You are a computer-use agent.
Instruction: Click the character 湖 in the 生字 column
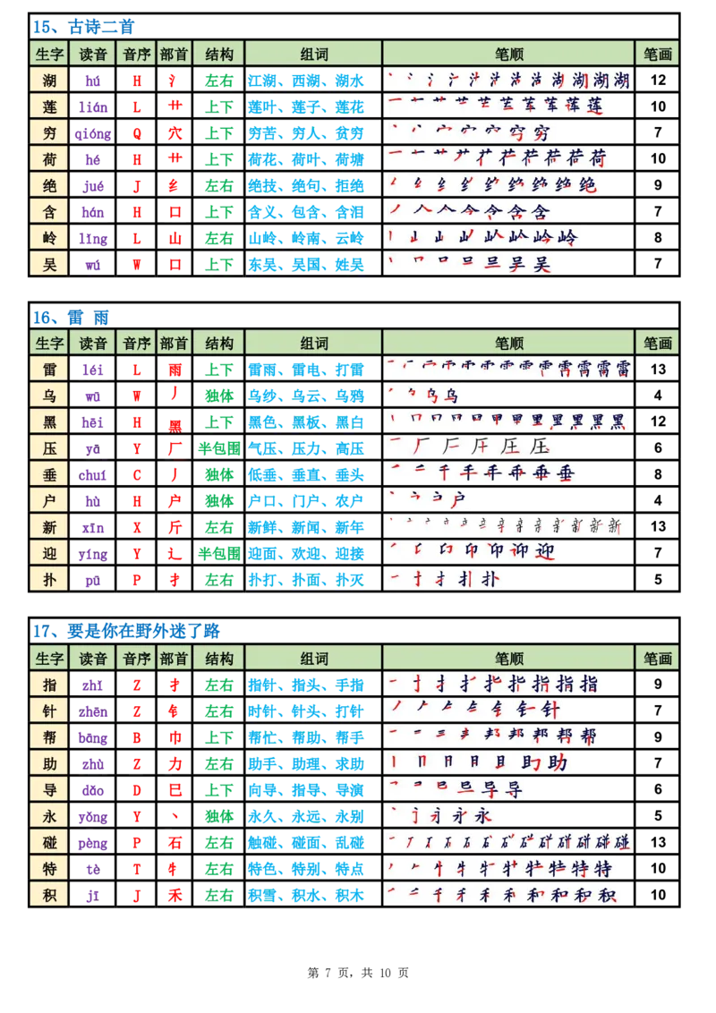(x=50, y=81)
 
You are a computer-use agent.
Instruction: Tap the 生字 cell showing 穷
(x=50, y=133)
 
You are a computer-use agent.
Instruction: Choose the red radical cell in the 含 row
(x=174, y=212)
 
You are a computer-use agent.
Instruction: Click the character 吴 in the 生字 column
(x=50, y=264)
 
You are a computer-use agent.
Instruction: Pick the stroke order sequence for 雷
(x=508, y=369)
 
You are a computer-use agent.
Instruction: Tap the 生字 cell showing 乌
(x=50, y=396)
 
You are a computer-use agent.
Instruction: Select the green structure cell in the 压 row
(x=218, y=447)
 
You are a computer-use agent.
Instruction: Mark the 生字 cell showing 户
(x=50, y=500)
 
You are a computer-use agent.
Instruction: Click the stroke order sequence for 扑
(x=445, y=579)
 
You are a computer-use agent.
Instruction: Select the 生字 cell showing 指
(x=50, y=685)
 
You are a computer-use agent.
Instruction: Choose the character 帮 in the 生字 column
(x=50, y=737)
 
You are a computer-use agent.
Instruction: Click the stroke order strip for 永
(x=442, y=816)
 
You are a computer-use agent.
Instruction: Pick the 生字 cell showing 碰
(x=50, y=842)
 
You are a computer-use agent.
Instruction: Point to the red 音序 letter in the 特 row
(x=137, y=868)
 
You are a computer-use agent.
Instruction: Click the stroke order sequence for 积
(x=502, y=894)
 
